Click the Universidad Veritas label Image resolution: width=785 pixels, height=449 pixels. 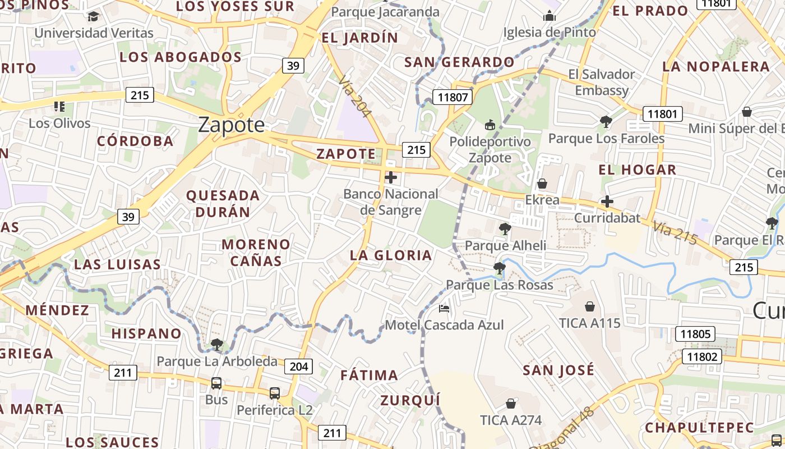click(94, 33)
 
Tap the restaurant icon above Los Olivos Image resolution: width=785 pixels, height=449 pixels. click(59, 106)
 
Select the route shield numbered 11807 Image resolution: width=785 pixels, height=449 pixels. click(452, 97)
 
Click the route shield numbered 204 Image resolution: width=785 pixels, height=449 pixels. click(299, 366)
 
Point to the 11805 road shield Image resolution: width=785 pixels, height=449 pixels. click(695, 334)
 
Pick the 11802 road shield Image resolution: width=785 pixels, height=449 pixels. click(701, 356)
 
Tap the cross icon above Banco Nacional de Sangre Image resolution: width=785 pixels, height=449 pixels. click(391, 178)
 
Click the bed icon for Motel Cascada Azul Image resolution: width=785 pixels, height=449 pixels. click(444, 309)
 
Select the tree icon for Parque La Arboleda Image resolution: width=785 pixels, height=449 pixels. click(216, 344)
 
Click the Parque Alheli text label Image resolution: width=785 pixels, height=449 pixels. click(505, 245)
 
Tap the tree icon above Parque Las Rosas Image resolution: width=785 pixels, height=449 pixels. click(499, 268)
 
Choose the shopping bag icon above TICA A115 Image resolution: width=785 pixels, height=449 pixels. click(589, 306)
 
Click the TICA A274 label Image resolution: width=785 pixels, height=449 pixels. click(510, 420)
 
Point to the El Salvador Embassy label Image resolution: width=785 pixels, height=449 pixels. click(602, 82)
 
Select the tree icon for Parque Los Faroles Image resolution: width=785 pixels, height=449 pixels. click(606, 121)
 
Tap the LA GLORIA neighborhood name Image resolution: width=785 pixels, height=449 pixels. click(391, 255)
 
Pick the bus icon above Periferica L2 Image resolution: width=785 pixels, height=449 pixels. click(274, 393)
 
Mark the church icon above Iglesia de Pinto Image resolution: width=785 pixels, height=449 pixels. click(549, 16)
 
